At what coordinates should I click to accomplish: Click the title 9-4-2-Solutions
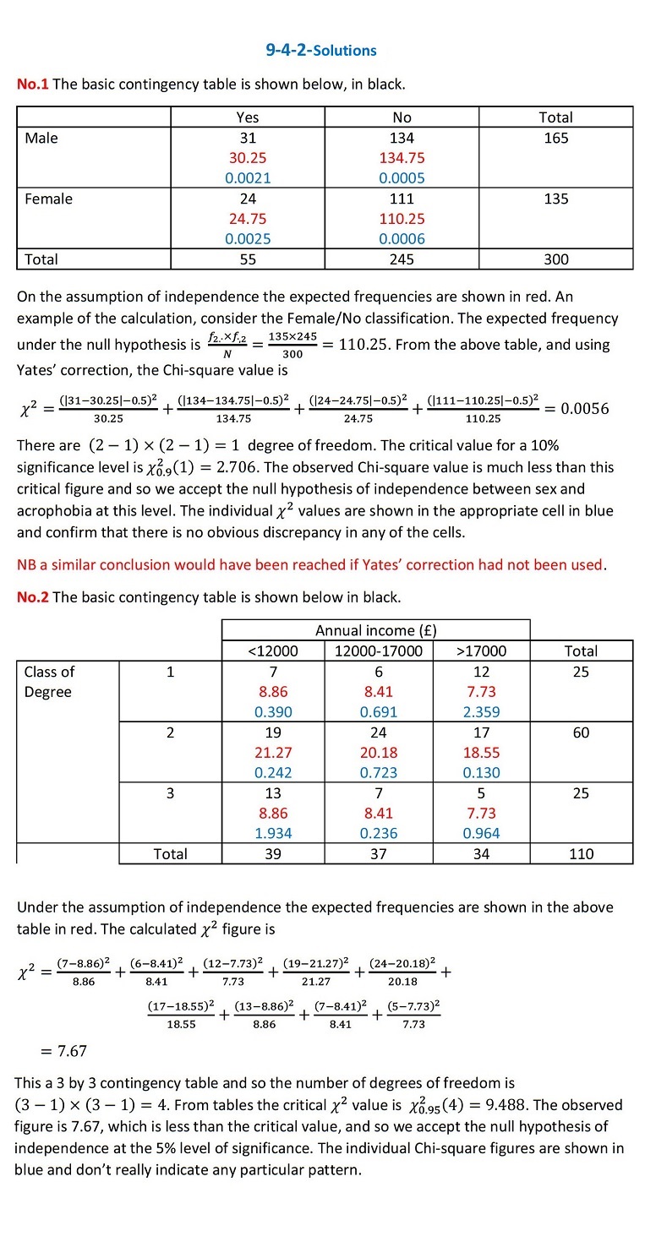[321, 50]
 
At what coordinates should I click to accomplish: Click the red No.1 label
[33, 84]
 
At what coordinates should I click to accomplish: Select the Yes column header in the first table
[248, 117]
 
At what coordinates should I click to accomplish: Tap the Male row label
[41, 138]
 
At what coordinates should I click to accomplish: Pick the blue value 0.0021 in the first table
[248, 178]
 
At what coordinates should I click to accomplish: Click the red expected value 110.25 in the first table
[402, 219]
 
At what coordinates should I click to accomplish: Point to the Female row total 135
[555, 199]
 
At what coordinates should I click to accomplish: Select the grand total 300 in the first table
[555, 259]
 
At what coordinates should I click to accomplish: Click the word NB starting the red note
[27, 564]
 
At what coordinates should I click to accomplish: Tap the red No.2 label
[33, 597]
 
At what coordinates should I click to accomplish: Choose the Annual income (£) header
[375, 630]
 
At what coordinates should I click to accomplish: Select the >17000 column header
[481, 651]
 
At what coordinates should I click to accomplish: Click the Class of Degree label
[49, 682]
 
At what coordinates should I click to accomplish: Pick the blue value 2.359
[481, 711]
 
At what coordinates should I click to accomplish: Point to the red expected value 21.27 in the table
[273, 752]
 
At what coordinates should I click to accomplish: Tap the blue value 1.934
[273, 833]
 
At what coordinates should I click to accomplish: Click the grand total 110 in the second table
[581, 853]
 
